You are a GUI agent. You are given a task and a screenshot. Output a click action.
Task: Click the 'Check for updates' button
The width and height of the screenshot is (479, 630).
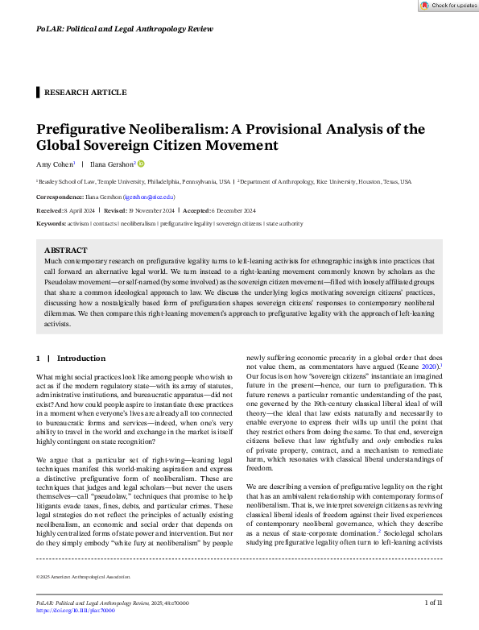pos(448,6)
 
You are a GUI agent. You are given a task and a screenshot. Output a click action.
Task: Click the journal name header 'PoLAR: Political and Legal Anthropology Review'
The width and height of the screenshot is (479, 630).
pos(125,29)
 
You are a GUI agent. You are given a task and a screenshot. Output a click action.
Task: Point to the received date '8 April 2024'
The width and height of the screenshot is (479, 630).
pos(81,209)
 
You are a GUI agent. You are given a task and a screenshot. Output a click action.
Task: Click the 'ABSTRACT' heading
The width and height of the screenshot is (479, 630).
pos(65,251)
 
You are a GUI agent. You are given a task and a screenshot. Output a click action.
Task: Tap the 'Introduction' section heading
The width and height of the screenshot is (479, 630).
pos(81,358)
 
